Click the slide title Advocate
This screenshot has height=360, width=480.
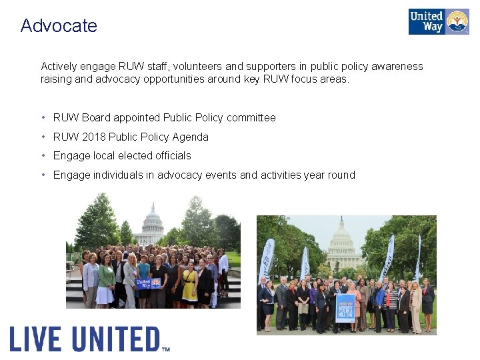[59, 26]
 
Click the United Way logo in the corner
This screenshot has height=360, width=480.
[438, 21]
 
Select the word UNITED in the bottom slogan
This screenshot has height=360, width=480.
[116, 339]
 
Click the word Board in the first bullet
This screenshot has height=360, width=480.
[96, 118]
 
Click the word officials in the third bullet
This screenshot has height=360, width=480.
[171, 155]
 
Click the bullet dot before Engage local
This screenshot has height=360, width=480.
[43, 155]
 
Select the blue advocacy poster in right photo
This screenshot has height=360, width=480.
[345, 307]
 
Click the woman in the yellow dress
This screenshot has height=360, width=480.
[189, 283]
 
